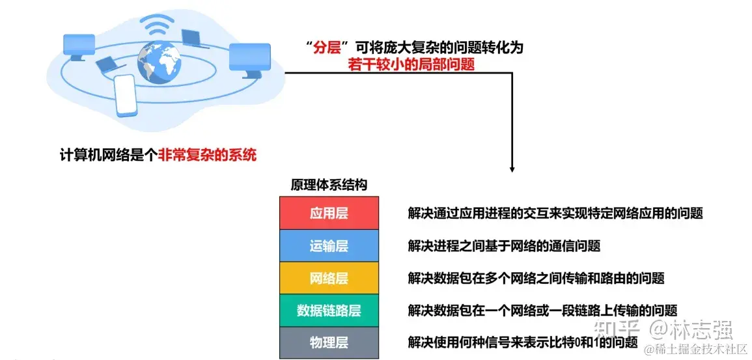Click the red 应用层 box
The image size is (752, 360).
pyautogui.click(x=329, y=214)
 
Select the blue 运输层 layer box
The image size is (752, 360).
pyautogui.click(x=329, y=246)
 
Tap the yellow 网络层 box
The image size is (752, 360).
pyautogui.click(x=329, y=279)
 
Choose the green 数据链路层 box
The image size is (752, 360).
pyautogui.click(x=329, y=311)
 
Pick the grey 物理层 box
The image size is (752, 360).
pyautogui.click(x=329, y=342)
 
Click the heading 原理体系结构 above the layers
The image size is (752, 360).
pyautogui.click(x=329, y=185)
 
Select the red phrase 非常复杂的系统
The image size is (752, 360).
pyautogui.click(x=207, y=155)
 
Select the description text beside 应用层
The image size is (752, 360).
pyautogui.click(x=555, y=214)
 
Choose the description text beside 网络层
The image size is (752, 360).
pyautogui.click(x=536, y=279)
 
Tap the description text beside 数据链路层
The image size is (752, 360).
pyautogui.click(x=542, y=311)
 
